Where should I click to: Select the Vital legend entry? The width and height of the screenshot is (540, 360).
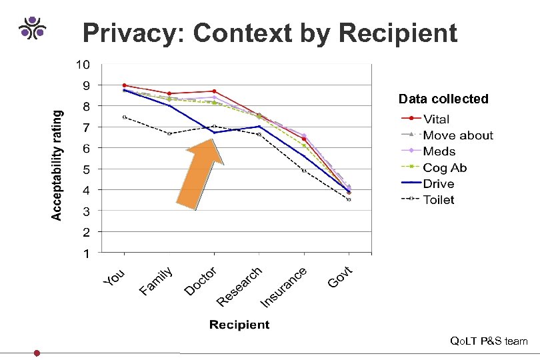click(436, 119)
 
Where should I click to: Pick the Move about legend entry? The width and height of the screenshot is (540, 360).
click(458, 135)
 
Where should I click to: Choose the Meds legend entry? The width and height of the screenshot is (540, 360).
click(439, 151)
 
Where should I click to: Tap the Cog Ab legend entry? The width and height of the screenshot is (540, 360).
click(445, 167)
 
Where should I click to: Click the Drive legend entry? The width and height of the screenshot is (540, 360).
click(438, 183)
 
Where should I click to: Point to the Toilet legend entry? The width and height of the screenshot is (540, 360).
click(439, 199)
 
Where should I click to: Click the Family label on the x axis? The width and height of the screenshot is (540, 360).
click(157, 280)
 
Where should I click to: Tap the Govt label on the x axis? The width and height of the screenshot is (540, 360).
click(345, 276)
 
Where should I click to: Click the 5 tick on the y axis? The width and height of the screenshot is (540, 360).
click(85, 169)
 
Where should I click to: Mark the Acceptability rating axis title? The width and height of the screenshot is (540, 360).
click(59, 165)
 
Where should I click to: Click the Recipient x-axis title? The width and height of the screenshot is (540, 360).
click(239, 325)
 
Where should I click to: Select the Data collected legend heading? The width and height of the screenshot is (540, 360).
click(443, 99)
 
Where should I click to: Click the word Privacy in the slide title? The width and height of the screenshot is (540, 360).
click(125, 33)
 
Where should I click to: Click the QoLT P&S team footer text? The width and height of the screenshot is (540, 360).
click(489, 341)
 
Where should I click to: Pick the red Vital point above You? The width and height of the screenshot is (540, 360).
click(124, 85)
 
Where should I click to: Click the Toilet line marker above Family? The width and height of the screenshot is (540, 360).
click(169, 133)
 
